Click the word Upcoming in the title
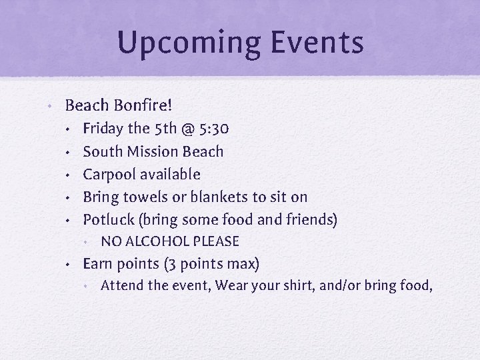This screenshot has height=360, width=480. [x=179, y=42]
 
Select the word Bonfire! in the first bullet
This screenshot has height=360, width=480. [x=141, y=105]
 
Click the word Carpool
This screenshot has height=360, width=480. [x=107, y=174]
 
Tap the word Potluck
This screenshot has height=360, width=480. [x=107, y=219]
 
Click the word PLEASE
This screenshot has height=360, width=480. [x=215, y=241]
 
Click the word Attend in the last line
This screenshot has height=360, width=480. [x=121, y=286]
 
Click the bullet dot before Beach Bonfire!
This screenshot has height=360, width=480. [x=50, y=105]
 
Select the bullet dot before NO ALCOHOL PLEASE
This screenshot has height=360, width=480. [x=87, y=242]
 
